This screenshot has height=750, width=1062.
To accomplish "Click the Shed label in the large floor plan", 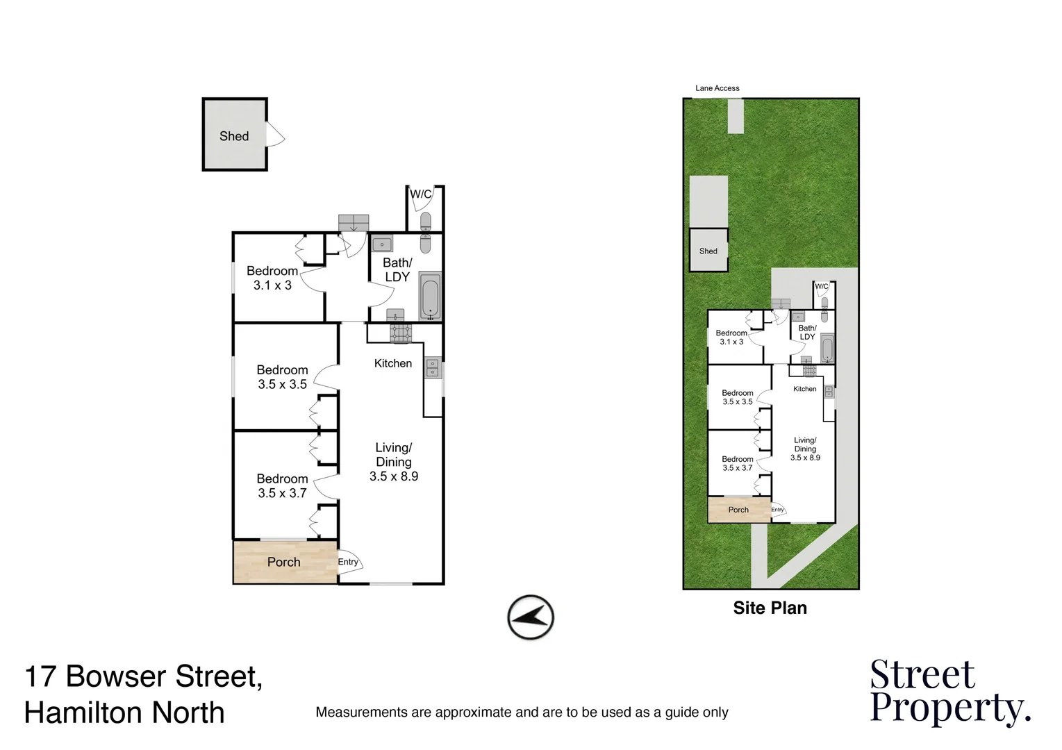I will tap(234, 136).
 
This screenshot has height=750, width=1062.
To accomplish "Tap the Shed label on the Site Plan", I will tap(708, 251).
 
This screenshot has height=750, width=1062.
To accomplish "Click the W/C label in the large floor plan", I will tap(420, 194).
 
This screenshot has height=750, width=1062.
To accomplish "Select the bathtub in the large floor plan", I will tap(430, 297).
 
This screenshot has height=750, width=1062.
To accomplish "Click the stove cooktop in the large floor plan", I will tap(401, 333).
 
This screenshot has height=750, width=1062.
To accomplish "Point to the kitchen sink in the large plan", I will tap(432, 367).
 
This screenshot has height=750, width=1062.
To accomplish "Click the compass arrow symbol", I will tap(531, 617).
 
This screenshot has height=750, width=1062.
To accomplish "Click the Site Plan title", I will tap(770, 608).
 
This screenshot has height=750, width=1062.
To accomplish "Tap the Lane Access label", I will tap(717, 88).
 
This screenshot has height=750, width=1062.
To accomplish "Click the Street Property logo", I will tap(949, 692).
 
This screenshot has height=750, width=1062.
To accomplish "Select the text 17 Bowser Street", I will tap(143, 676).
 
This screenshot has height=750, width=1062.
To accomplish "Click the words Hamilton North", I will tap(124, 713).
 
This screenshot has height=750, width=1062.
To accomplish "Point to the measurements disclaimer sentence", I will tap(522, 712).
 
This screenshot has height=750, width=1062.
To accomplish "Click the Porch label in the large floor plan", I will tap(283, 562).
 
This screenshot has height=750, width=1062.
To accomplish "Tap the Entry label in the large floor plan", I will tap(348, 562).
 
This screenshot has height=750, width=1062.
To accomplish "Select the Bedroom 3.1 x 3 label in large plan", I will tap(272, 278).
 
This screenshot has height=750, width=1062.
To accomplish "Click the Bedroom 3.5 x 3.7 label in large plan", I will tap(282, 486).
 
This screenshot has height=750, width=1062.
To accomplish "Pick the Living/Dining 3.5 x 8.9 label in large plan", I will tap(394, 462).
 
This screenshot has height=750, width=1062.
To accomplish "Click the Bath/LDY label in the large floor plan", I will tap(397, 269).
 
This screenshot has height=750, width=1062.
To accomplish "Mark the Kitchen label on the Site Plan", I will tap(804, 389).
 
